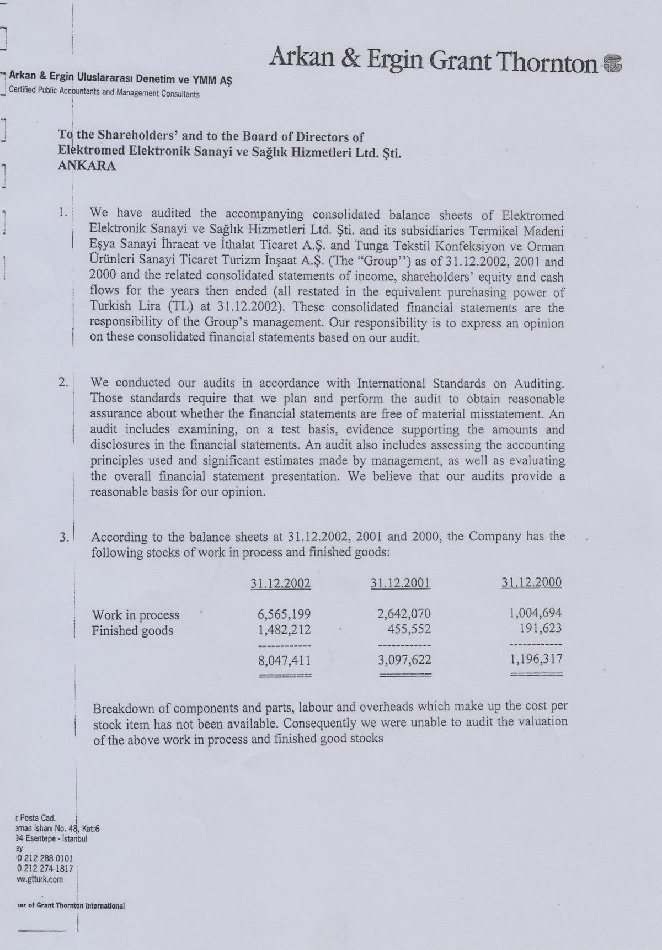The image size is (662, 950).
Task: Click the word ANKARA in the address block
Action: click(87, 166)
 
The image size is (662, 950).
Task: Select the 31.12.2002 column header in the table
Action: click(280, 583)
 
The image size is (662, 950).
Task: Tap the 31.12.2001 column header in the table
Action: click(401, 583)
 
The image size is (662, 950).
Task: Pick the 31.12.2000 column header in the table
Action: click(532, 582)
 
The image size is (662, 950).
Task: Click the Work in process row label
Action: click(136, 615)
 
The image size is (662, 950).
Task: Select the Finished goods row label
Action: click(132, 630)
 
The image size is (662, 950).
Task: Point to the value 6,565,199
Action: click(284, 614)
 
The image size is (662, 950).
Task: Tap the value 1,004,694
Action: click(535, 612)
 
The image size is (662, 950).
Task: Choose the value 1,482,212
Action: click(284, 629)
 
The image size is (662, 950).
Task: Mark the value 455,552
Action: click(409, 629)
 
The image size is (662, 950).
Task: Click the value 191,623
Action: click(540, 627)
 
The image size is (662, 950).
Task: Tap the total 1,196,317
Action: click(535, 658)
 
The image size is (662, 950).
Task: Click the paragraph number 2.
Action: click(63, 383)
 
